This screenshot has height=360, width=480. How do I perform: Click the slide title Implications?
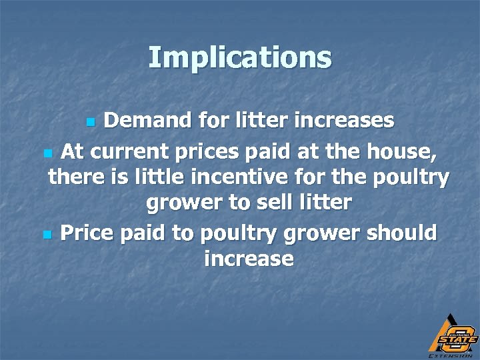tap(240, 57)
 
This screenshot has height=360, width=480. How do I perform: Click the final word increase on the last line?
tap(249, 258)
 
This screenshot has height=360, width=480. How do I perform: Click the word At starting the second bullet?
tap(72, 152)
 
